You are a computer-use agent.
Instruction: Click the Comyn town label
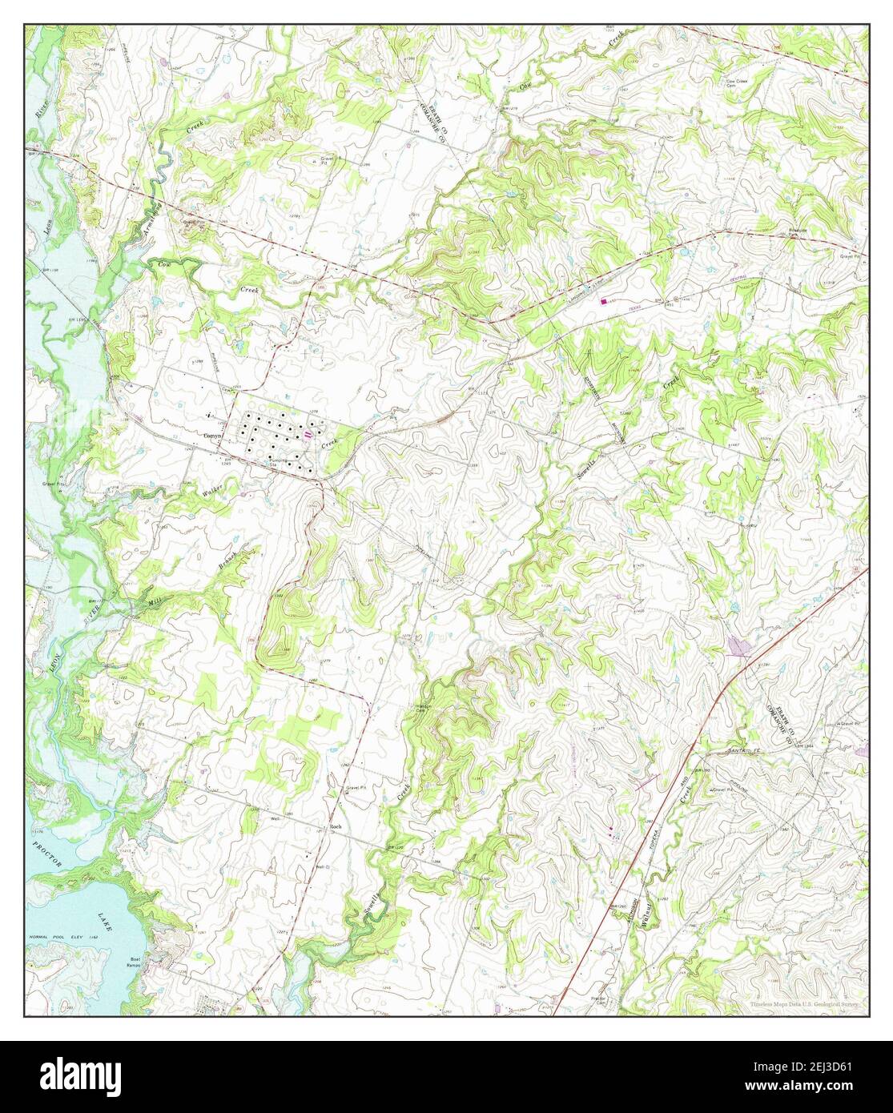pos(211,436)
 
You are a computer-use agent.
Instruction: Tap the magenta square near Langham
pos(603,301)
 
